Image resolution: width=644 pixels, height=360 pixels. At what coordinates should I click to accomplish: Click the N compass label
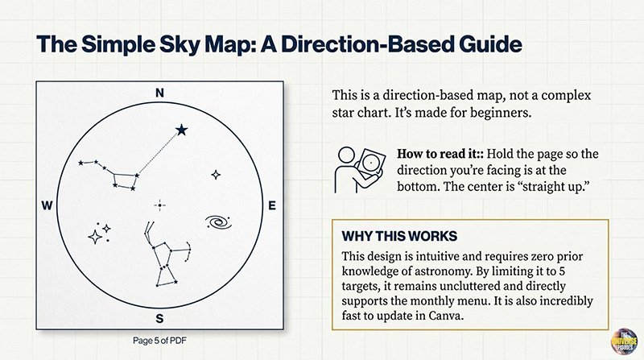click(x=159, y=93)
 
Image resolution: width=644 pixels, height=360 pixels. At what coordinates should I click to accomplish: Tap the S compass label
click(x=159, y=316)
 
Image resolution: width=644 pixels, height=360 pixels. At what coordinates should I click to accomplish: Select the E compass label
click(x=271, y=206)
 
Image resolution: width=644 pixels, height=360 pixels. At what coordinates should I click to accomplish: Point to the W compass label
click(x=47, y=206)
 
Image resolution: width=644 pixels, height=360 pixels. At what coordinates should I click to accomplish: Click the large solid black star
click(x=182, y=129)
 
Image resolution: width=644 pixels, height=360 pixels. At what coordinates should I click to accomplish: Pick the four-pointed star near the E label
click(x=216, y=174)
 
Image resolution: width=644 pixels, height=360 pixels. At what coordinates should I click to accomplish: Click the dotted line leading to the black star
click(x=158, y=152)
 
